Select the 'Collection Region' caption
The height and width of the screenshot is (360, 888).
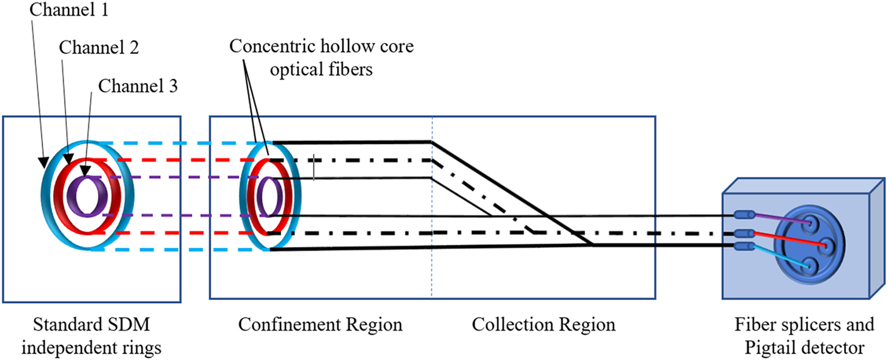(543, 324)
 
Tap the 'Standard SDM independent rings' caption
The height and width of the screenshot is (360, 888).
(91, 336)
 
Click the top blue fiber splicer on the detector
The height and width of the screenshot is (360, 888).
(743, 215)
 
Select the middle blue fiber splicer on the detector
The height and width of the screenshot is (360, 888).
(743, 233)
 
